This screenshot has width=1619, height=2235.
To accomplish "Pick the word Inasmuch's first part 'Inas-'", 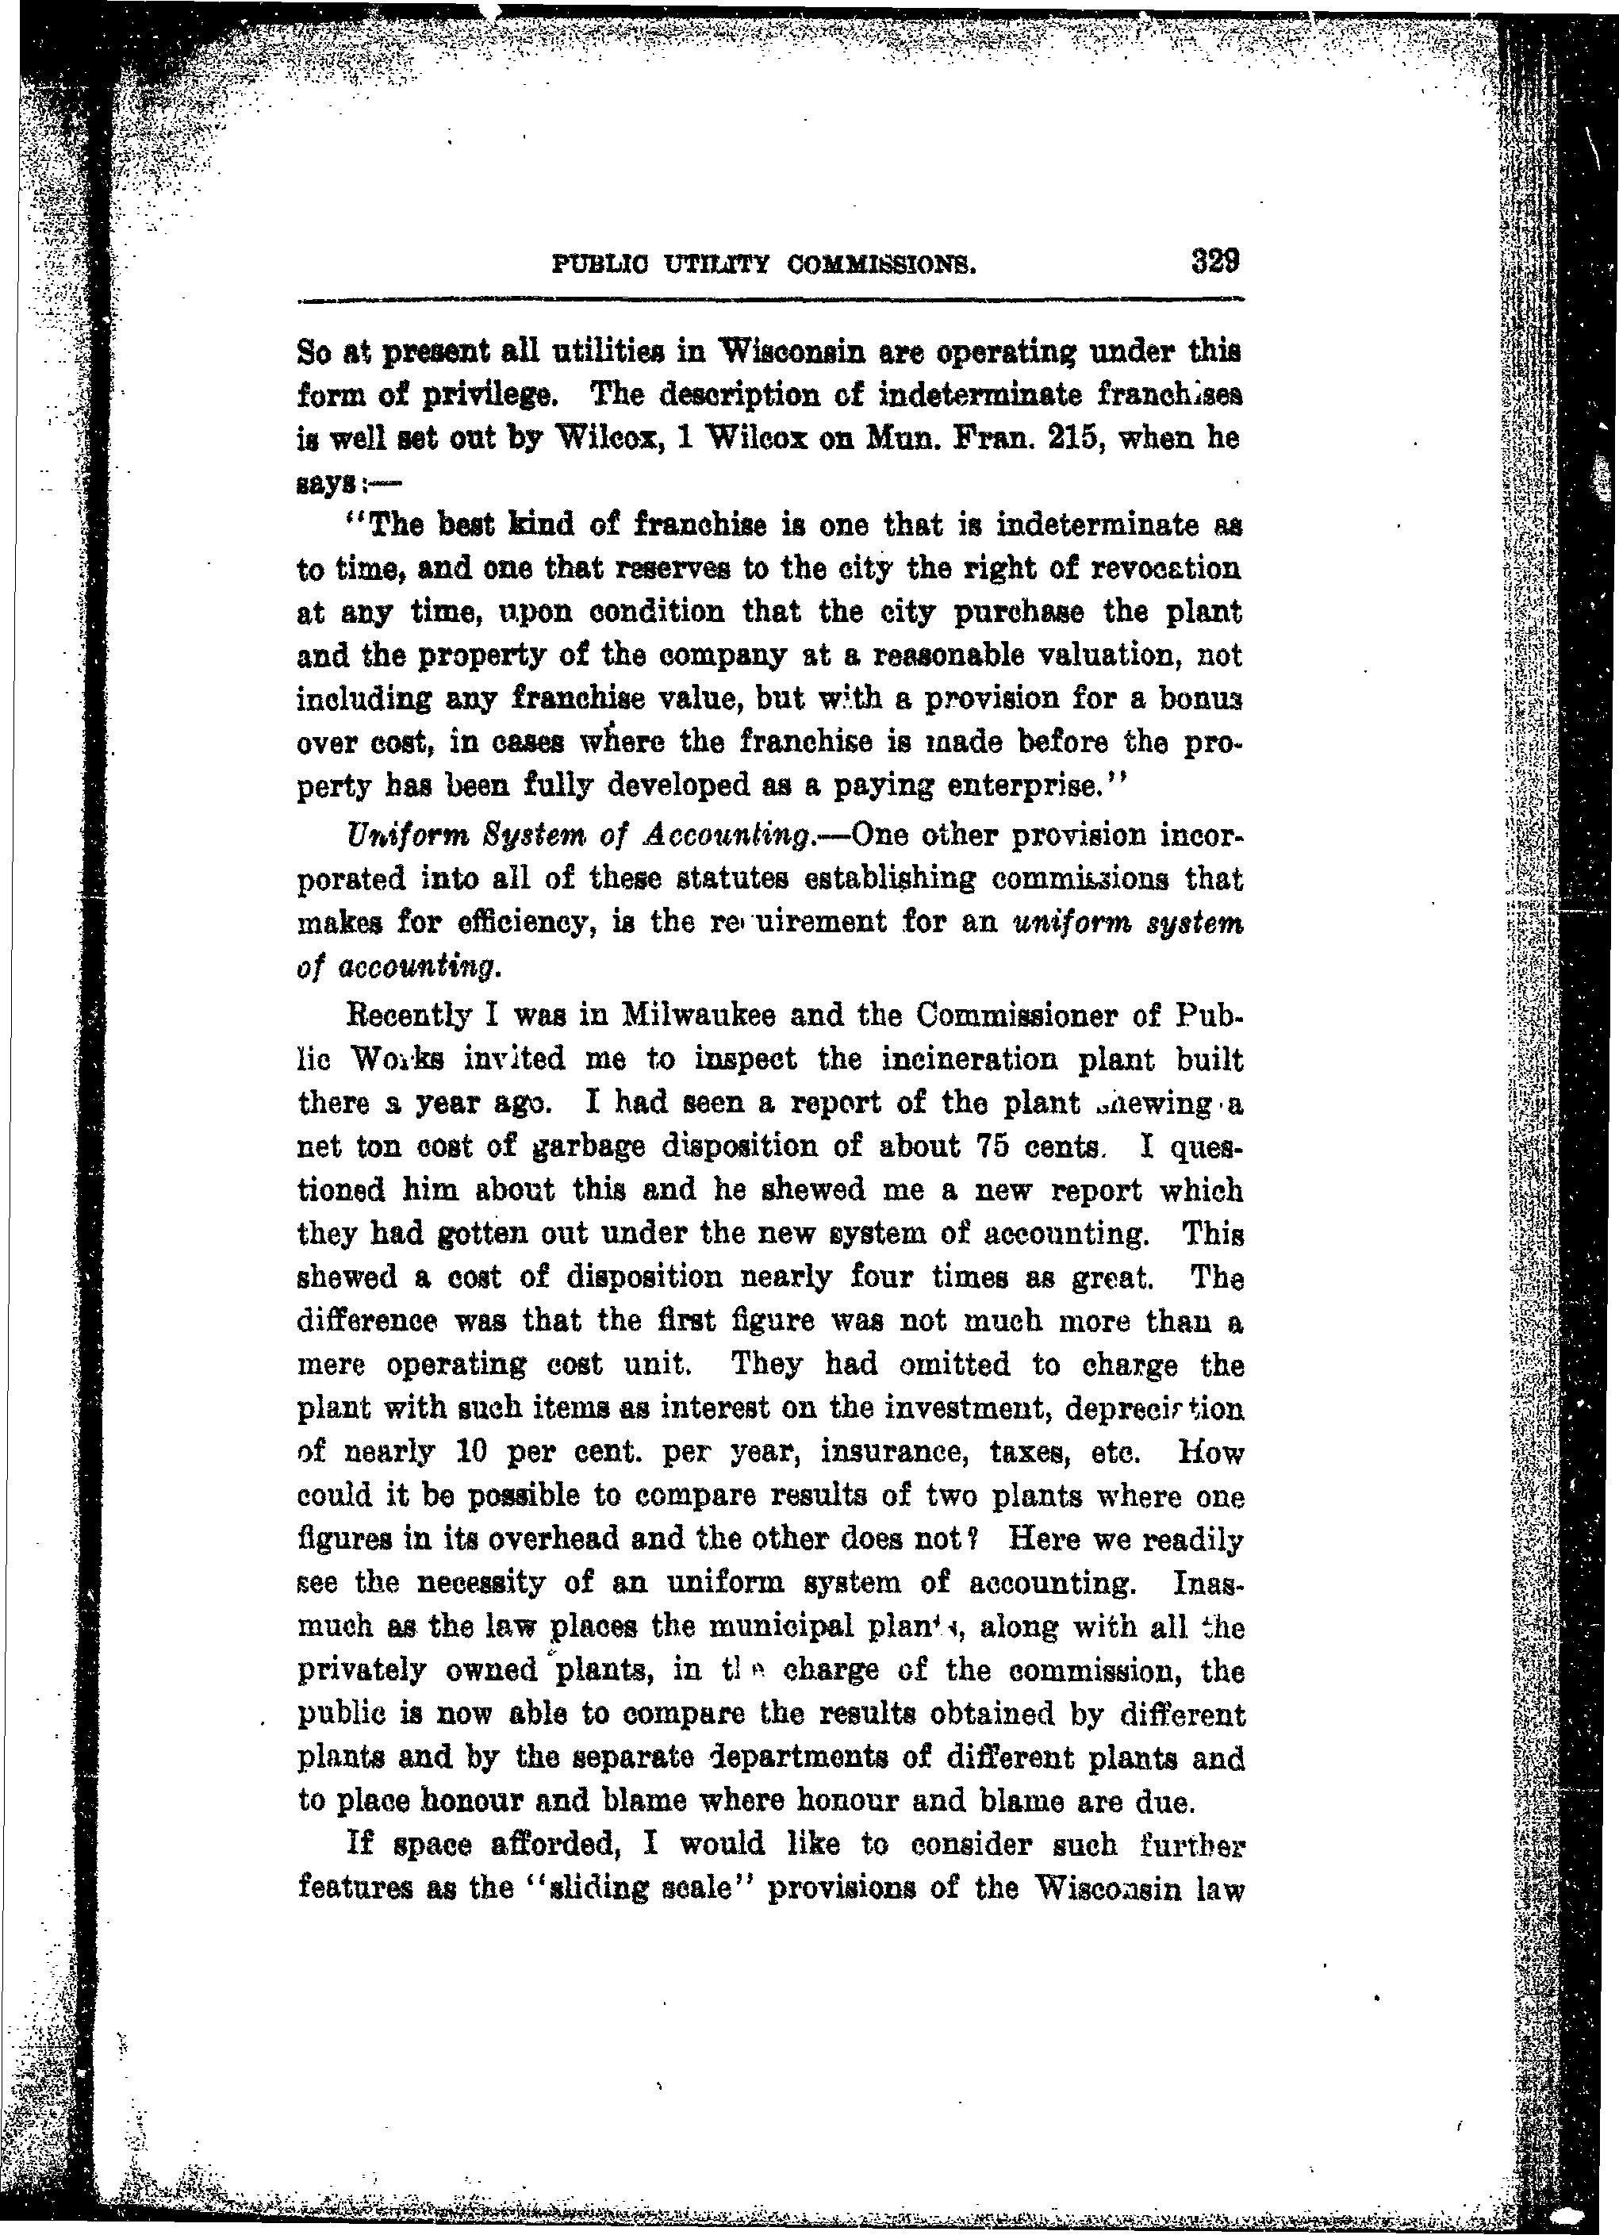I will pos(1209,1583).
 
